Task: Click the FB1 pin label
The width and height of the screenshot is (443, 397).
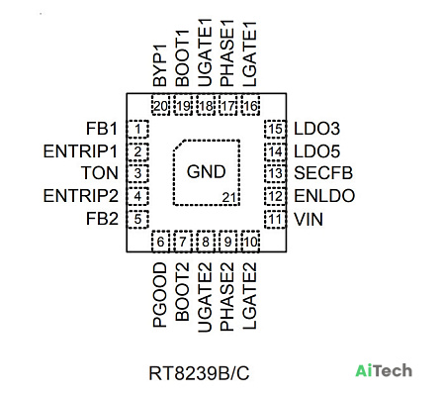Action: coord(102,129)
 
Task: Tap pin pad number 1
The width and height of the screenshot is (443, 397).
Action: coord(137,129)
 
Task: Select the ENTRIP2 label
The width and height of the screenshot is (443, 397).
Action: coord(80,196)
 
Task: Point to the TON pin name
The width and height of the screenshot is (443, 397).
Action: coord(100,173)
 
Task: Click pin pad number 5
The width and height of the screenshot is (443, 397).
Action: coord(137,219)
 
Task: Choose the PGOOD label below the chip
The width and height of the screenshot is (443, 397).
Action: coord(160,295)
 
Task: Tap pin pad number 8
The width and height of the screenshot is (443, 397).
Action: coord(206,242)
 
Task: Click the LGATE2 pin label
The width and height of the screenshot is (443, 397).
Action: coord(249,296)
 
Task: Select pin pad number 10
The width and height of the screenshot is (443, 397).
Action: coord(250,242)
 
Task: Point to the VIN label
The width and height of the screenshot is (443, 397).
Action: coord(309,220)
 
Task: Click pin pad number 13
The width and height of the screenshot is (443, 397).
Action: coord(275,173)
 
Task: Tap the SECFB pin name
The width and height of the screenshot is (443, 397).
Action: coord(323,173)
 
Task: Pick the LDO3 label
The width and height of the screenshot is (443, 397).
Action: coord(316,129)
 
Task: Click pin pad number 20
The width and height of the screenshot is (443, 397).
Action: coord(161,106)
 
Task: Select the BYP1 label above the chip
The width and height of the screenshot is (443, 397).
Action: coord(160,65)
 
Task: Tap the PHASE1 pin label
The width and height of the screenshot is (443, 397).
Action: coord(227,52)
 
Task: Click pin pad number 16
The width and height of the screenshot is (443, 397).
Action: coord(250,106)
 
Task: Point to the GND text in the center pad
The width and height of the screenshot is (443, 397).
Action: coord(206,171)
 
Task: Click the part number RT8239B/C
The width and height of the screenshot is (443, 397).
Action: coord(199,373)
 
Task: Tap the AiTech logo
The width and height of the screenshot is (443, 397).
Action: coord(384,370)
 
